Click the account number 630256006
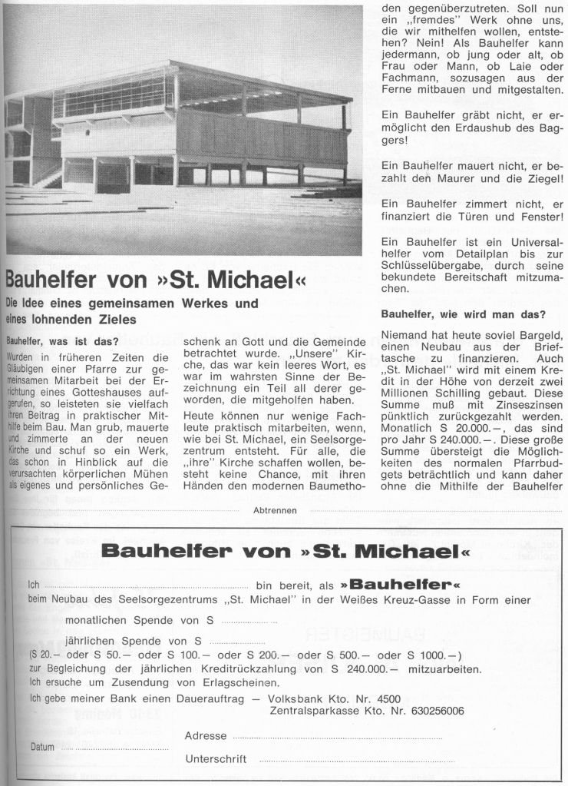[431, 711]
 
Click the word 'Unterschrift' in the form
[216, 759]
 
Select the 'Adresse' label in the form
[206, 735]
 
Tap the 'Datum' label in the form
[42, 746]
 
